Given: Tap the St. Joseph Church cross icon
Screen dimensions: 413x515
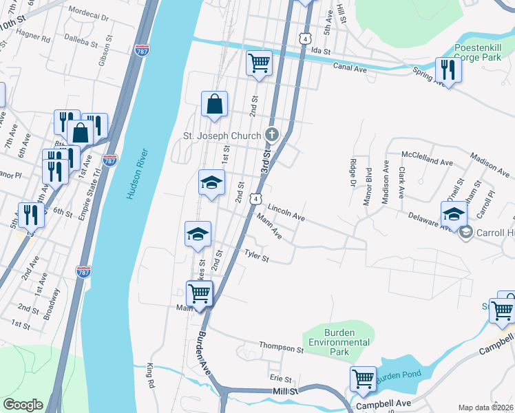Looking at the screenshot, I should [x=272, y=134].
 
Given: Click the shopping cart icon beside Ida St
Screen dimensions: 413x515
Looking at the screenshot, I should [x=259, y=63].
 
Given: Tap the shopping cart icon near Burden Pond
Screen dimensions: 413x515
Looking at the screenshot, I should [x=363, y=378].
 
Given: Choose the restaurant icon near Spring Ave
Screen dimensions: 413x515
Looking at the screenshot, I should [x=448, y=70].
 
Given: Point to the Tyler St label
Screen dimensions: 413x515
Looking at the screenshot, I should [x=255, y=255].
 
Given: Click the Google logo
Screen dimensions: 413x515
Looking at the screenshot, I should [x=23, y=404].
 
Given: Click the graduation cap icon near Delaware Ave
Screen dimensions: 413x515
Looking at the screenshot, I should [x=454, y=213].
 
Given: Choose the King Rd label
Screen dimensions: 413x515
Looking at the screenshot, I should [x=149, y=376].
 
